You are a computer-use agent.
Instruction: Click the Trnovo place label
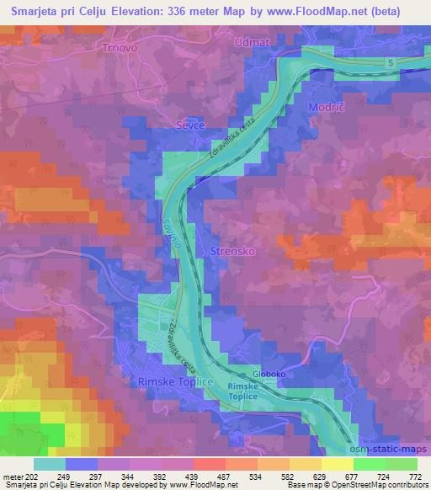(119, 48)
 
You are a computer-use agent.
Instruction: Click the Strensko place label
(226, 252)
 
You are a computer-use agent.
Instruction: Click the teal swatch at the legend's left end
(50, 464)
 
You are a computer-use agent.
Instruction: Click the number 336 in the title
(188, 9)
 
